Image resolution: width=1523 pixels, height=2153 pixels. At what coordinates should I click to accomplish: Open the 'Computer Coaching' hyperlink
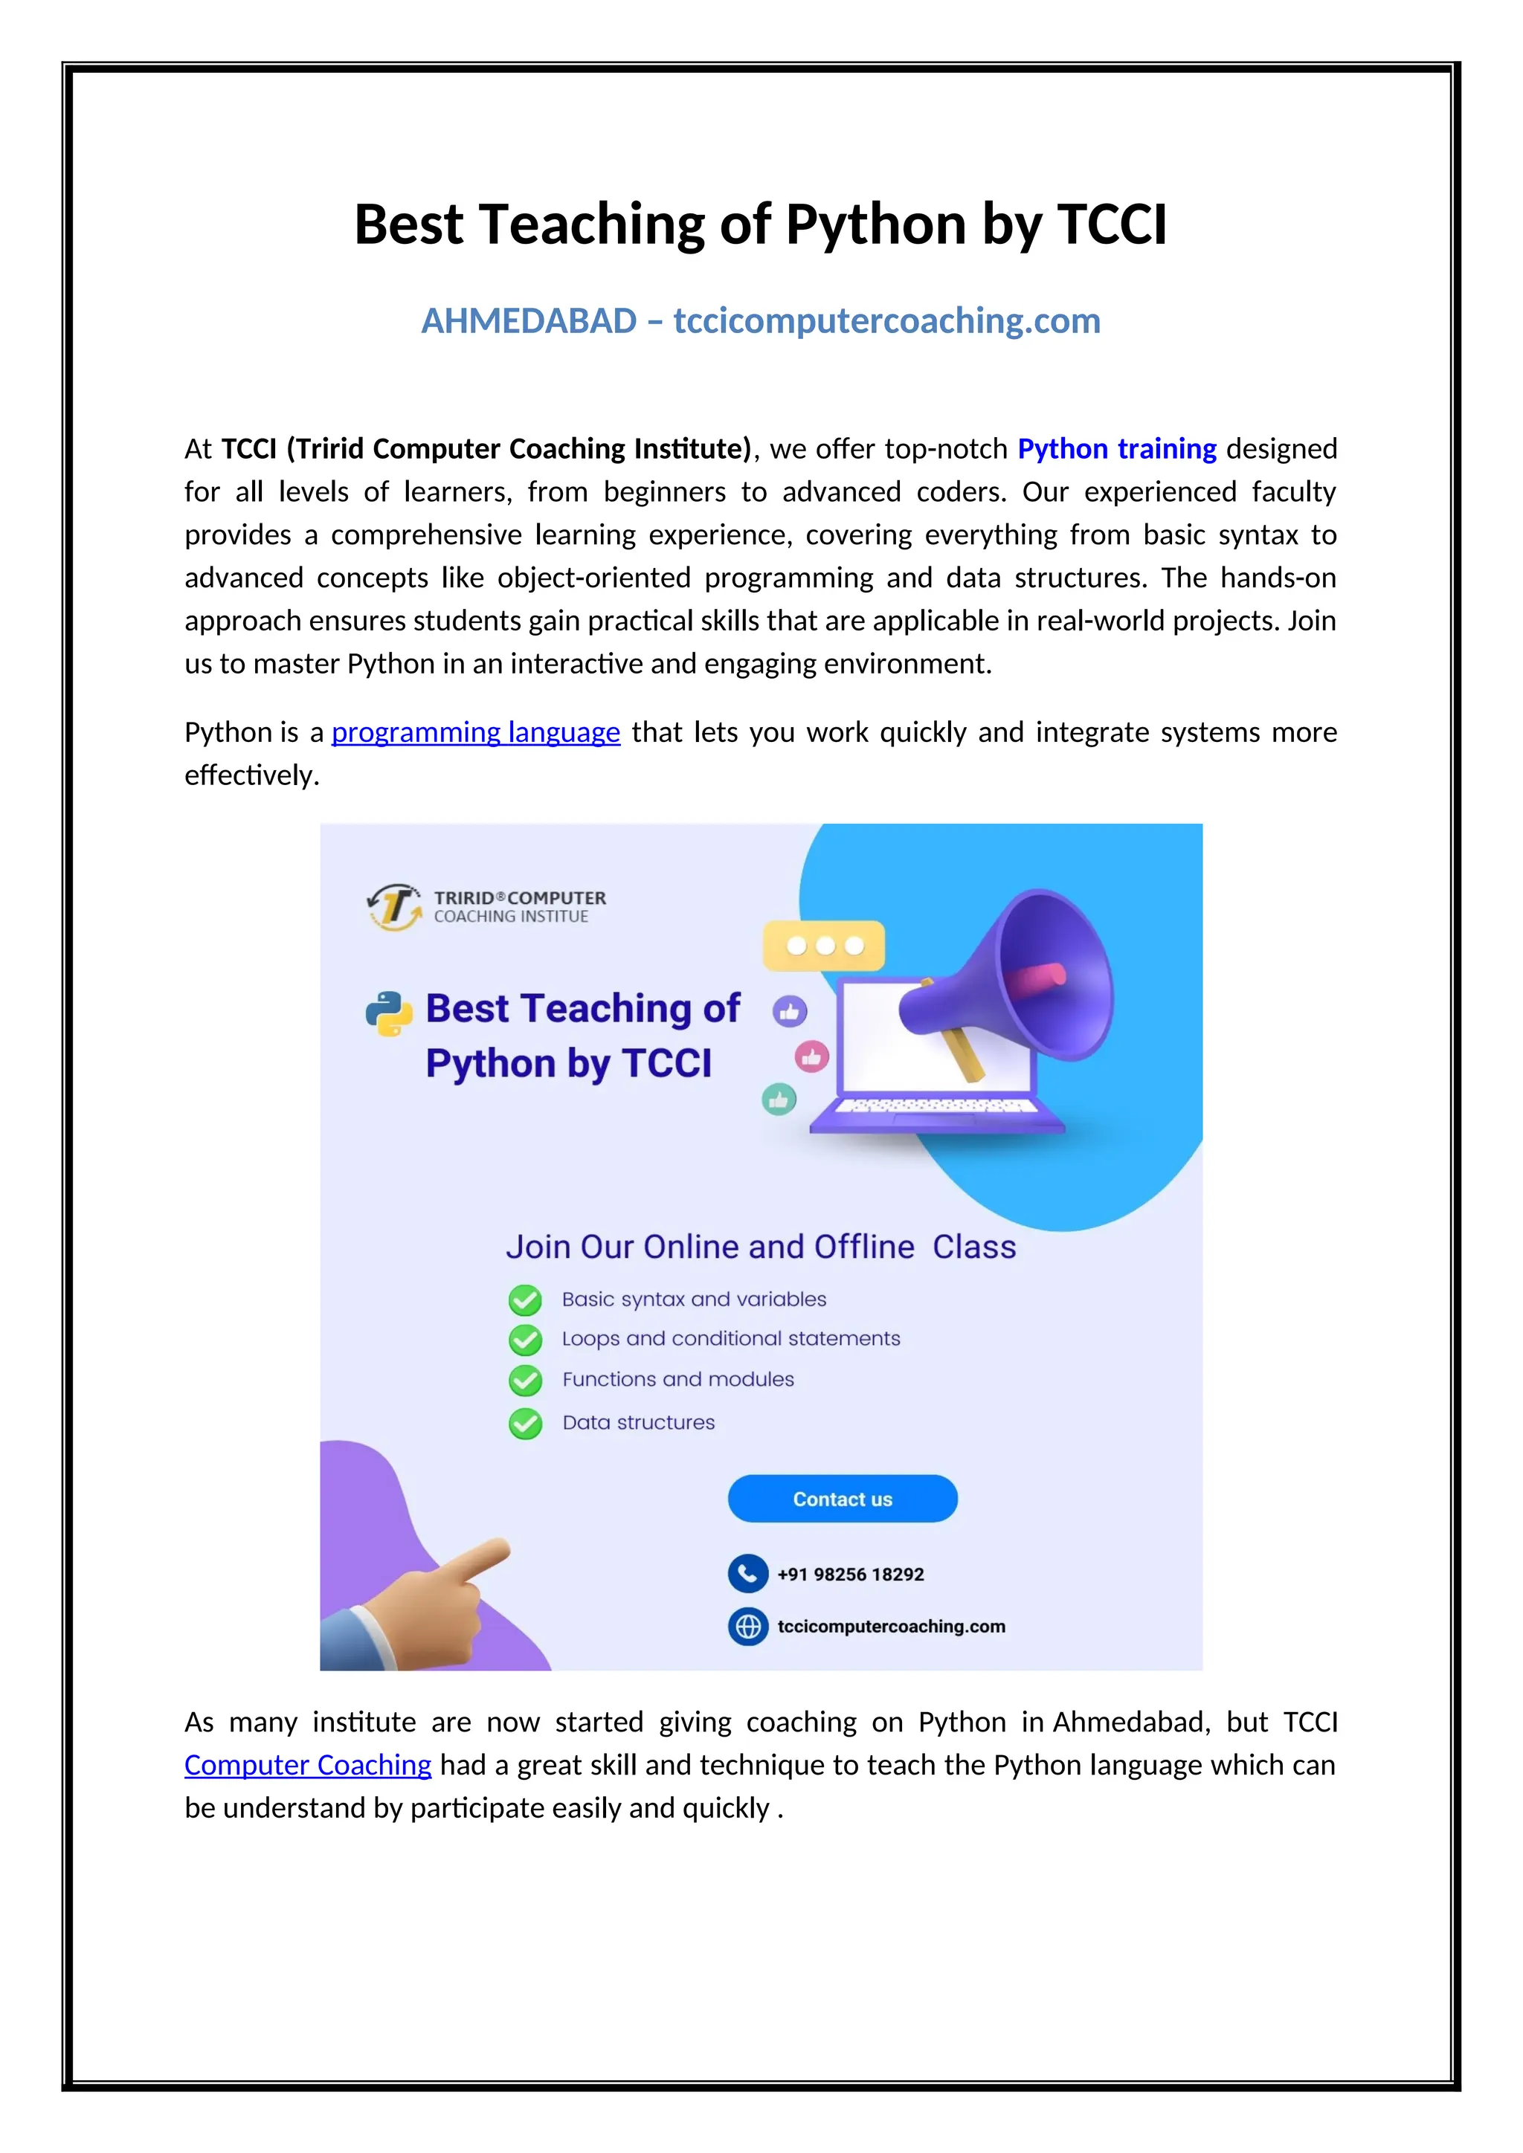(308, 1765)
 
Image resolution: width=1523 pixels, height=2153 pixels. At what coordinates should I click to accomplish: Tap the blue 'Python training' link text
(1117, 449)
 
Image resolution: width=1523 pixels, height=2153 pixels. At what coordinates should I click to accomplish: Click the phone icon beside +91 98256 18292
(747, 1574)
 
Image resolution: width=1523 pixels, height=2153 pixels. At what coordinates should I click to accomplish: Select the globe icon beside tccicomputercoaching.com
(747, 1626)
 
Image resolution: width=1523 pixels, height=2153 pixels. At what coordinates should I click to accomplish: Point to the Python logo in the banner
(389, 1013)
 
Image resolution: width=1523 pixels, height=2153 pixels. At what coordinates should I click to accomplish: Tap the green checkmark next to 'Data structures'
(525, 1424)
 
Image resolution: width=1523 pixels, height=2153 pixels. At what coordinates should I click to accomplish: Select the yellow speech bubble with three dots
(824, 945)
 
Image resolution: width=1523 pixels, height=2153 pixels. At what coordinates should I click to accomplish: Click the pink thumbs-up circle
(812, 1057)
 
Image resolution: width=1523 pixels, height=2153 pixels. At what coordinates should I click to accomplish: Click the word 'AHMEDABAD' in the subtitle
(529, 322)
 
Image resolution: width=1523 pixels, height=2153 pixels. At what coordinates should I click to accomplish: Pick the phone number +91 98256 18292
(851, 1575)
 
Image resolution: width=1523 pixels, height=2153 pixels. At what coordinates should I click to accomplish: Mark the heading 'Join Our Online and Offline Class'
(761, 1247)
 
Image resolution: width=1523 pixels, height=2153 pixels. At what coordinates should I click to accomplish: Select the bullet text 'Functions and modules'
(678, 1379)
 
